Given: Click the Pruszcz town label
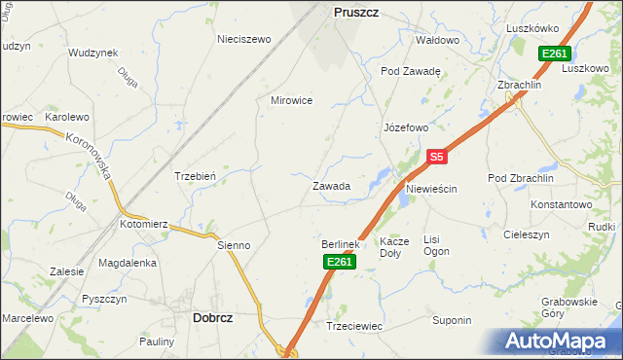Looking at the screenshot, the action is [356, 12].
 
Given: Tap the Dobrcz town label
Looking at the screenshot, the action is [212, 317].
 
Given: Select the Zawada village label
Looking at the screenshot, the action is [331, 185].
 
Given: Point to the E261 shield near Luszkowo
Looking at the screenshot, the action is [555, 54].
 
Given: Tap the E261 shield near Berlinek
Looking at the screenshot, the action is [338, 262].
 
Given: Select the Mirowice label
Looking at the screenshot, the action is [291, 100].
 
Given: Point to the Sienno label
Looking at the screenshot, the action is [234, 245].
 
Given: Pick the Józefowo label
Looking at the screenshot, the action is [406, 127].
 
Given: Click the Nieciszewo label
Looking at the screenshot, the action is [242, 40].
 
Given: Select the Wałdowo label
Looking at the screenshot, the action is [437, 40].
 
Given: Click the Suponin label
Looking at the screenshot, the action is [452, 320].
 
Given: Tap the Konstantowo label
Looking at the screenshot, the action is [562, 205].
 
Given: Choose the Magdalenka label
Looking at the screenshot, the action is [128, 263].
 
